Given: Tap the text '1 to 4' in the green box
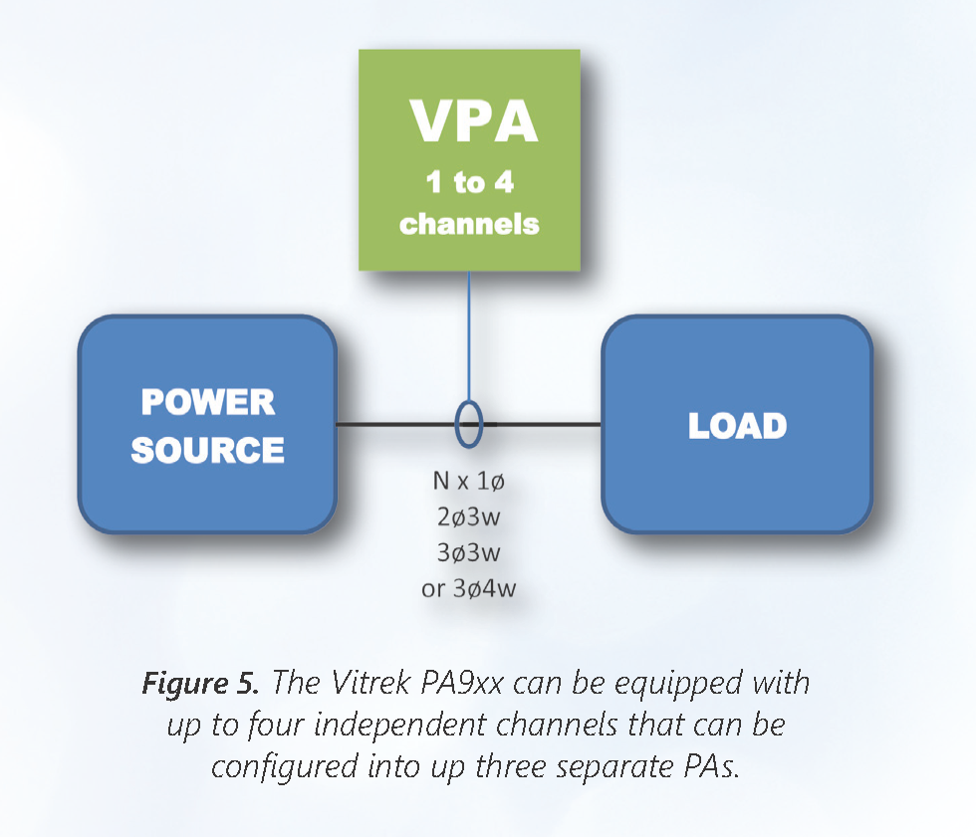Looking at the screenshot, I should click(x=469, y=182).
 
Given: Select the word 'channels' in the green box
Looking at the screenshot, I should click(x=469, y=223).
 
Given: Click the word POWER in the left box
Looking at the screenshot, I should click(x=207, y=402).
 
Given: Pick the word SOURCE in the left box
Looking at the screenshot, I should click(x=207, y=450).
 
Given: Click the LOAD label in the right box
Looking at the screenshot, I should click(x=737, y=426).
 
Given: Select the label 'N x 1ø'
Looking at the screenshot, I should click(x=469, y=481).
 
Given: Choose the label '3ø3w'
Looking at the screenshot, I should click(x=469, y=552).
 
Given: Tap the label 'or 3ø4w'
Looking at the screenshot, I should click(x=469, y=588).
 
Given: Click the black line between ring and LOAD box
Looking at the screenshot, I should click(x=543, y=425).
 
